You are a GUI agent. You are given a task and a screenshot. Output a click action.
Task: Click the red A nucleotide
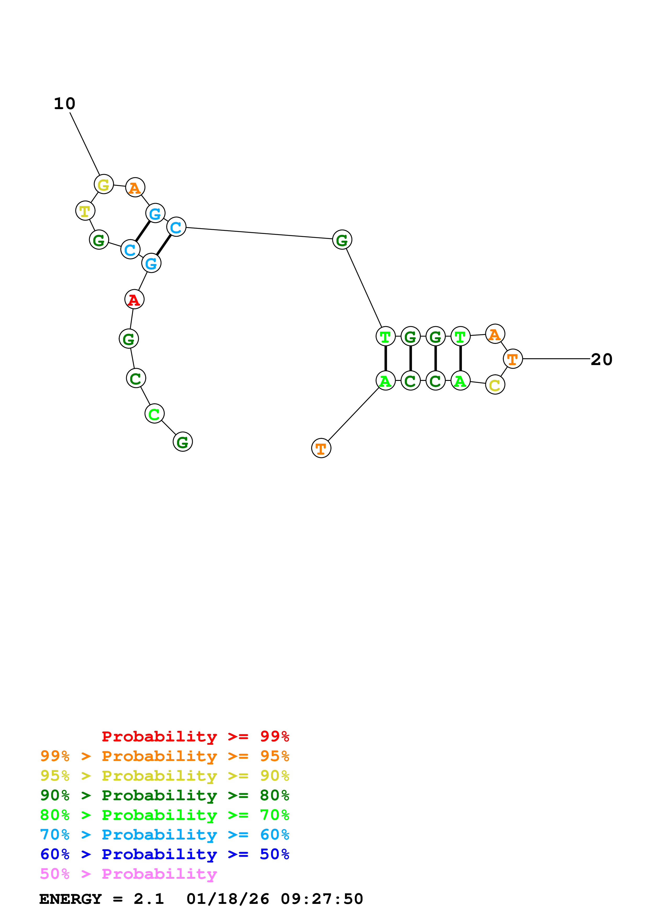tap(134, 299)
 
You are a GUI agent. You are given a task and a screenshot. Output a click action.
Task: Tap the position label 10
tap(64, 104)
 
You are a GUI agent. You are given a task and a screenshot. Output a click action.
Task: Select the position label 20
tap(601, 360)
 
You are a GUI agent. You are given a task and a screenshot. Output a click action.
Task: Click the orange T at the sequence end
tap(321, 448)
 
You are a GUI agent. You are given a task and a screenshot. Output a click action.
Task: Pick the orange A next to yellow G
tap(135, 188)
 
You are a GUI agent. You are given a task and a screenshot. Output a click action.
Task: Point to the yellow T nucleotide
tap(85, 211)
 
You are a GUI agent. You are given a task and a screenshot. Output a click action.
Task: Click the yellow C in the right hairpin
tap(495, 385)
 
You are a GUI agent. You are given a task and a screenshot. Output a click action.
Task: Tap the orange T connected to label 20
tap(513, 359)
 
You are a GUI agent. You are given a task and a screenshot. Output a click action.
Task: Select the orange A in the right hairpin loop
tap(495, 334)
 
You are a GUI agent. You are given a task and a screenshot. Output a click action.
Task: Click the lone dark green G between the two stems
tap(342, 240)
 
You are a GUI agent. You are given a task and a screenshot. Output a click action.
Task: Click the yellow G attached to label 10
tap(104, 185)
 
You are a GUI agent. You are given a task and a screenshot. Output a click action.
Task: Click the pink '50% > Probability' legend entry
tap(128, 874)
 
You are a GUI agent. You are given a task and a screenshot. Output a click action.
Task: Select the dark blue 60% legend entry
tap(164, 854)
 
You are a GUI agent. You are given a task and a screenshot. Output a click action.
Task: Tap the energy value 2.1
tap(149, 899)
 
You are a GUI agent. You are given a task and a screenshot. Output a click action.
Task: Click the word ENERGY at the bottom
tap(70, 899)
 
